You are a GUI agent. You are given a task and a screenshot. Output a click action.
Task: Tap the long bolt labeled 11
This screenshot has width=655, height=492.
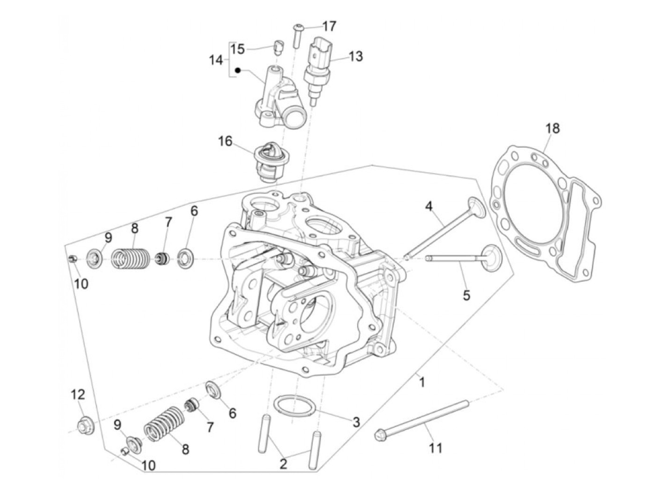(x=421, y=419)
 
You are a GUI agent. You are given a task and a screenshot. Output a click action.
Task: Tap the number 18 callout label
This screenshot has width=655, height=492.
(x=553, y=128)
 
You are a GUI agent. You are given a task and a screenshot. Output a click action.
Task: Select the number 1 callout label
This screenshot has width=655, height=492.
(x=422, y=382)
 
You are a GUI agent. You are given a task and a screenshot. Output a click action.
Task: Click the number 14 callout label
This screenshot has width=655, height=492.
(x=216, y=60)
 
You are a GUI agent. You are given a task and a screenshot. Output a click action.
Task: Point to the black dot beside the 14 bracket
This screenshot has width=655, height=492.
(x=238, y=71)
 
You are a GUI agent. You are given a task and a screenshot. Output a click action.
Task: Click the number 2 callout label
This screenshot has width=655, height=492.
(x=283, y=464)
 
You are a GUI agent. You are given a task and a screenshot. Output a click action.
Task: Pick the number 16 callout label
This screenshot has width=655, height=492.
(x=226, y=141)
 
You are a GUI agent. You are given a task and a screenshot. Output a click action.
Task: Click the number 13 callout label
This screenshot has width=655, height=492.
(x=356, y=56)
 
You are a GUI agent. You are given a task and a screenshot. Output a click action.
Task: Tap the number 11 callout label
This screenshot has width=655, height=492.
(x=436, y=448)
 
